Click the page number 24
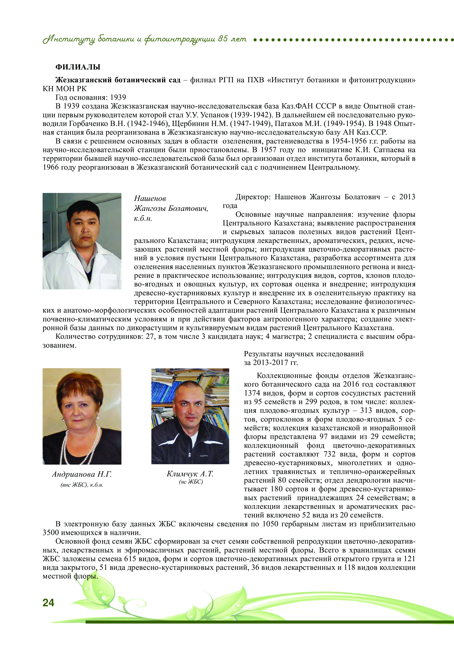[x=48, y=602]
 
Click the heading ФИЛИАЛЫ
[x=78, y=67]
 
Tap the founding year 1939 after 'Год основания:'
[x=118, y=97]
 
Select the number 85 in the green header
[x=223, y=39]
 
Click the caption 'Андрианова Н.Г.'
[x=82, y=474]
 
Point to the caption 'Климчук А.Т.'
[x=190, y=474]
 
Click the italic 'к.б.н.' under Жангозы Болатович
[x=143, y=218]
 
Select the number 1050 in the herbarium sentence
[x=270, y=524]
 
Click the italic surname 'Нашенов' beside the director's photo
[x=150, y=198]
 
